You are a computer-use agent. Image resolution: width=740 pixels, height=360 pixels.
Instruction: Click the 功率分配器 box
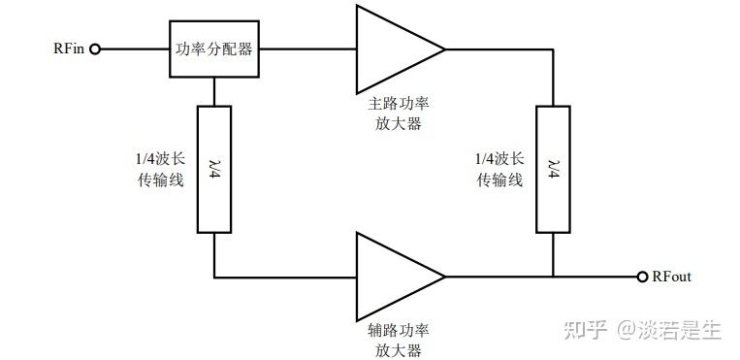pos(213,48)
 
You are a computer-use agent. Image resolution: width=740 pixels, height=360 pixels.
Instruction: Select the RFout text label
pos(672,278)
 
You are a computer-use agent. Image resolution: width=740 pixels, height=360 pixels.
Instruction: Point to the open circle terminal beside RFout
pos(641,278)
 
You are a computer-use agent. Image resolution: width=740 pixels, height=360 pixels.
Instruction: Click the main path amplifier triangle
pos(393,48)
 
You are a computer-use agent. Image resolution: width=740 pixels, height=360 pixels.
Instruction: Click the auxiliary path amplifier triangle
pos(393,277)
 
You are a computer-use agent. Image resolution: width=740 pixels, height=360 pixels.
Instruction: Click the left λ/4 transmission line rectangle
pos(213,169)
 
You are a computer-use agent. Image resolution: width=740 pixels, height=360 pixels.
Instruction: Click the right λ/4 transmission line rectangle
pos(552,169)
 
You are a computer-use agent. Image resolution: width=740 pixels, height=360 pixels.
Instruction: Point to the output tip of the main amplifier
pos(444,48)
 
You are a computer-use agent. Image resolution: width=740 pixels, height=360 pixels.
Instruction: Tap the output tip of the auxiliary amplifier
pos(444,277)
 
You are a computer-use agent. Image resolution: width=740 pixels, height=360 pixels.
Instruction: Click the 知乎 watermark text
pos(582,330)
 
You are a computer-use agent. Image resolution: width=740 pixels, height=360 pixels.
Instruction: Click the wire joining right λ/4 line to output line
pos(552,254)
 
